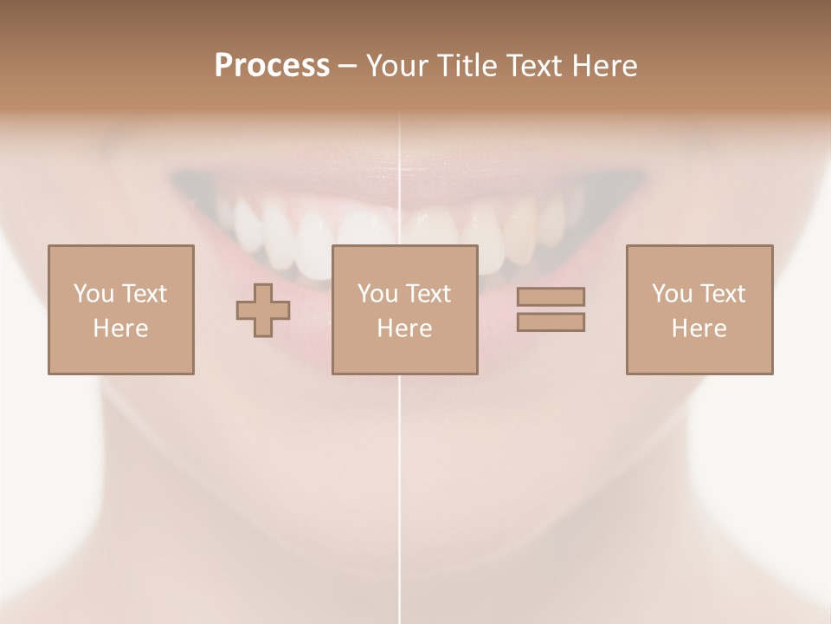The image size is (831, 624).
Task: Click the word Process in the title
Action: click(272, 66)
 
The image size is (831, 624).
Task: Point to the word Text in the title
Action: click(537, 66)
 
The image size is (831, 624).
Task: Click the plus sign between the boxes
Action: click(263, 310)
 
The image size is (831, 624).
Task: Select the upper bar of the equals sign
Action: click(551, 296)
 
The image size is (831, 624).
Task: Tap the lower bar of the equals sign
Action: click(551, 322)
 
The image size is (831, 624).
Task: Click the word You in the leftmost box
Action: click(93, 294)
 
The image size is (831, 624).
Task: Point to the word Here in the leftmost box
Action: click(121, 328)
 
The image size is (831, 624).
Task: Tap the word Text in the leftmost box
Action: click(144, 294)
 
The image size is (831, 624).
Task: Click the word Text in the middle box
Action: click(428, 294)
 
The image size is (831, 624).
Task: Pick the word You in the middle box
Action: click(377, 294)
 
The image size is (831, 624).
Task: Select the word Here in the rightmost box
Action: click(699, 328)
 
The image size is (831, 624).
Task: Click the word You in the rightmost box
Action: click(672, 294)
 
